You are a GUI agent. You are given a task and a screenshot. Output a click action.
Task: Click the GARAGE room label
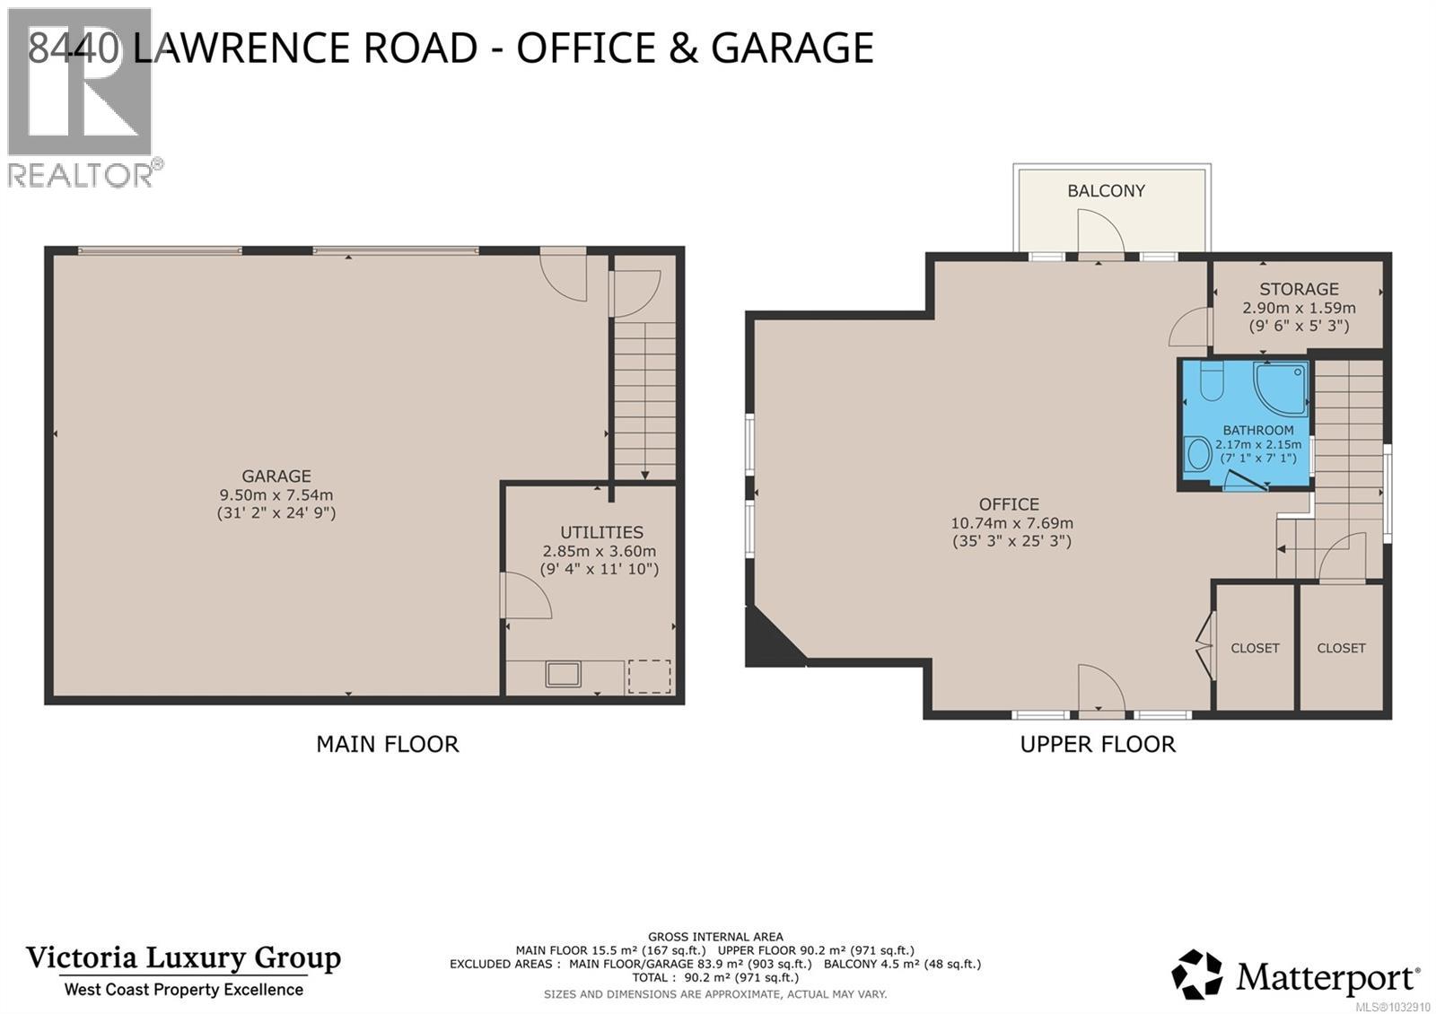point(276,476)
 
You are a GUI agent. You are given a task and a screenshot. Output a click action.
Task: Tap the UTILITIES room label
point(601,532)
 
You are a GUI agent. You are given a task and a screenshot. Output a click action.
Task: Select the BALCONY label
point(1106,190)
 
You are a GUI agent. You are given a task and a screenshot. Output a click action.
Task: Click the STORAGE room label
point(1299,289)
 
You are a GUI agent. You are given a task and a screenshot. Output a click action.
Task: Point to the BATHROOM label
point(1257,430)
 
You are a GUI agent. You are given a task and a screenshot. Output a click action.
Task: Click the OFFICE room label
point(1009,504)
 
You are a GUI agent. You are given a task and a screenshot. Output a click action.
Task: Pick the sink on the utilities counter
point(564,673)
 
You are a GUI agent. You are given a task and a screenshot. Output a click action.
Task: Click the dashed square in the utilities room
point(649,676)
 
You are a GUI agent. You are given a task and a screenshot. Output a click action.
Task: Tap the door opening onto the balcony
point(1099,232)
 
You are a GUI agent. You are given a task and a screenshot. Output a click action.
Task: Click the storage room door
point(1188,328)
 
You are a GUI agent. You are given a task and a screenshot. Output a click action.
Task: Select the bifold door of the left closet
point(1204,645)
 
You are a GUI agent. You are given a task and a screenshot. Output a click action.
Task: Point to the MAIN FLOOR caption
point(387,744)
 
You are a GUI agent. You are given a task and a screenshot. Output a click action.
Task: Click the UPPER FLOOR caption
point(1097,744)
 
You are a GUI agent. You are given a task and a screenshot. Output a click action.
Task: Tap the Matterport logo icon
point(1196,975)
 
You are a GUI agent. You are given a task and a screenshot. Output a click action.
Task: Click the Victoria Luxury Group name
point(183,957)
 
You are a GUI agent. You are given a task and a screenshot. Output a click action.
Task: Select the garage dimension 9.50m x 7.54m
point(276,494)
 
